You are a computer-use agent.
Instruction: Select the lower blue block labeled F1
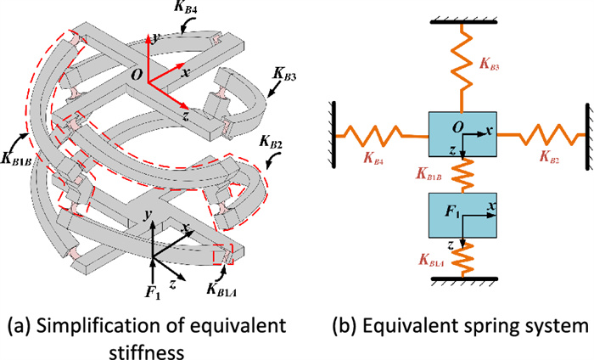[461, 217]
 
